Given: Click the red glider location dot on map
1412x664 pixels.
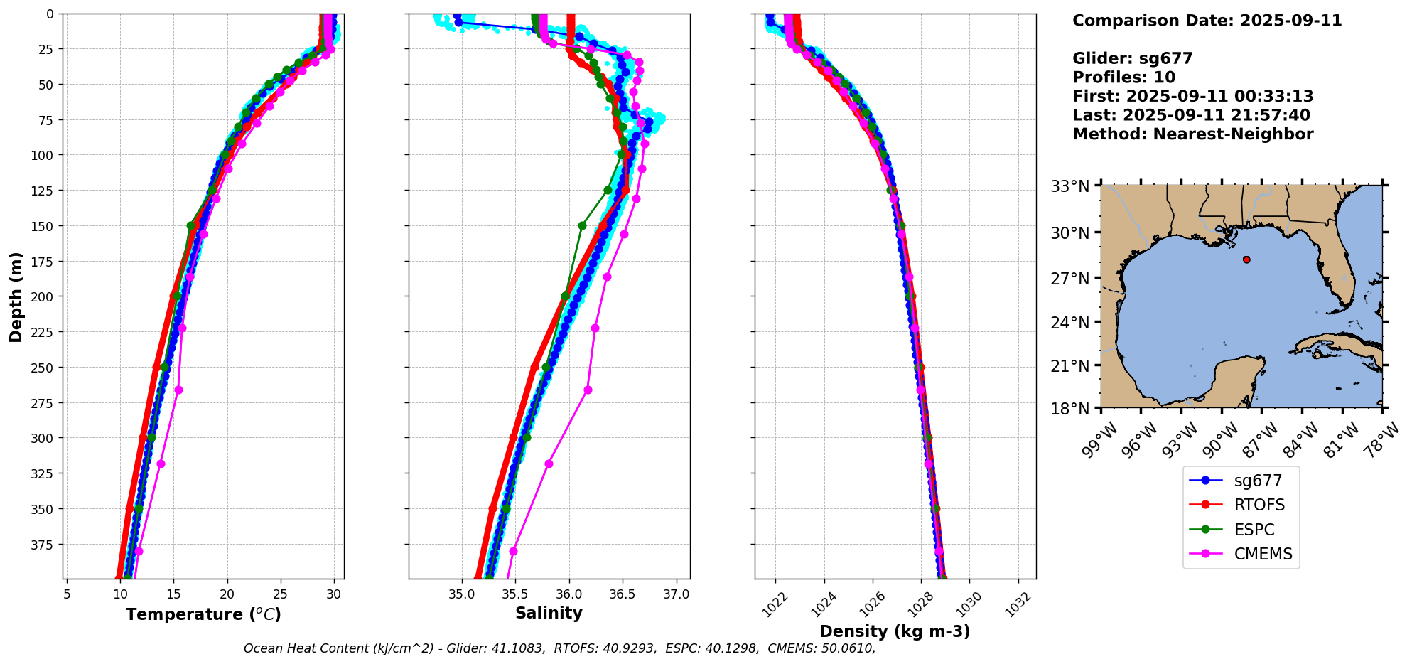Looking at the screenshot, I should point(1246,259).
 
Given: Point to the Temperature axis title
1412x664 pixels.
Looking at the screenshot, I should point(203,614).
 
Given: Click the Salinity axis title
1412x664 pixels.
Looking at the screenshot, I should point(549,614).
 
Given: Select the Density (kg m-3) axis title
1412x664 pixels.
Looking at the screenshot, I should point(895,631).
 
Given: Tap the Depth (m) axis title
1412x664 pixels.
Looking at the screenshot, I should point(16,296).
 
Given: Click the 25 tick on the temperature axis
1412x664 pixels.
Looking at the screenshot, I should point(281,594).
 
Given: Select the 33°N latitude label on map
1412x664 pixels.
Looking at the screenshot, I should point(1070,186).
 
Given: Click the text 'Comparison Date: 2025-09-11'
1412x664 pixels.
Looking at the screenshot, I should point(1207,21).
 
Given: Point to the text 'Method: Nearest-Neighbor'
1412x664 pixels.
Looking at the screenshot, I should point(1192,134).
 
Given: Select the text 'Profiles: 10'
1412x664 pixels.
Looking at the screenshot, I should point(1123,77).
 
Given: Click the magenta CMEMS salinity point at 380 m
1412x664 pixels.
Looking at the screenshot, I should point(513,551).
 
